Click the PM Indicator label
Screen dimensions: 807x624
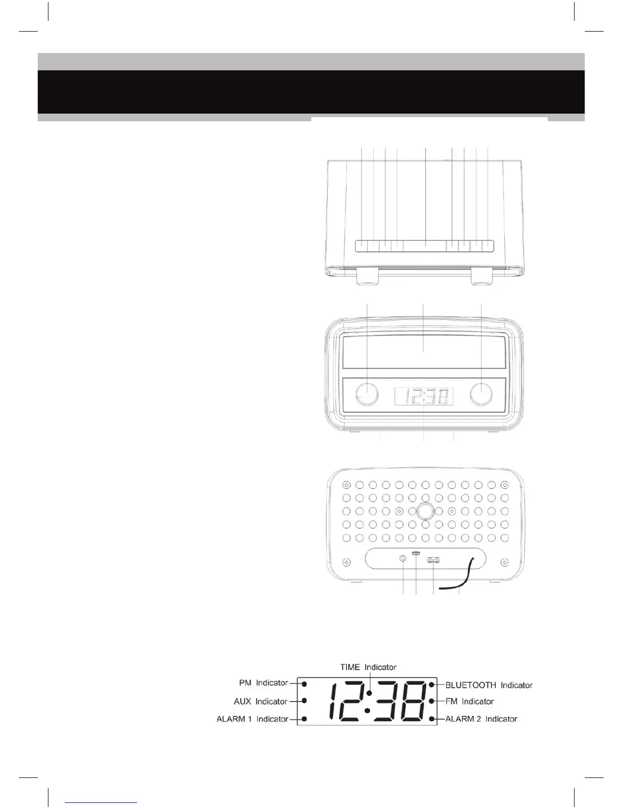[263, 683]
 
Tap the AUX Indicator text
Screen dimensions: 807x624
[261, 701]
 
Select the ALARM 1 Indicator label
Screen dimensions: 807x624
[252, 719]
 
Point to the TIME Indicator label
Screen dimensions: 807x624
[368, 666]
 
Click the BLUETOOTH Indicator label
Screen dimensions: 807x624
[489, 685]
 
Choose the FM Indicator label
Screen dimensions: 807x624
[470, 701]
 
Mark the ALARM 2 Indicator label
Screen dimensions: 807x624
[481, 719]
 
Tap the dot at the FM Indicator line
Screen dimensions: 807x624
[432, 701]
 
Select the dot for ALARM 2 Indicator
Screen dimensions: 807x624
[432, 719]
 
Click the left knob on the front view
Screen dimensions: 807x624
[367, 394]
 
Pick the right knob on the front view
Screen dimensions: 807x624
[481, 394]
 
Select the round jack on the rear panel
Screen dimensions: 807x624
[403, 559]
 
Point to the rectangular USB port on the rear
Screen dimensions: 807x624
[433, 560]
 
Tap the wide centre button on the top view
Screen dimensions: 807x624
[425, 246]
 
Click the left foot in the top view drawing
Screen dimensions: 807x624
[367, 278]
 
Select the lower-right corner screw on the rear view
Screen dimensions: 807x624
[504, 562]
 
